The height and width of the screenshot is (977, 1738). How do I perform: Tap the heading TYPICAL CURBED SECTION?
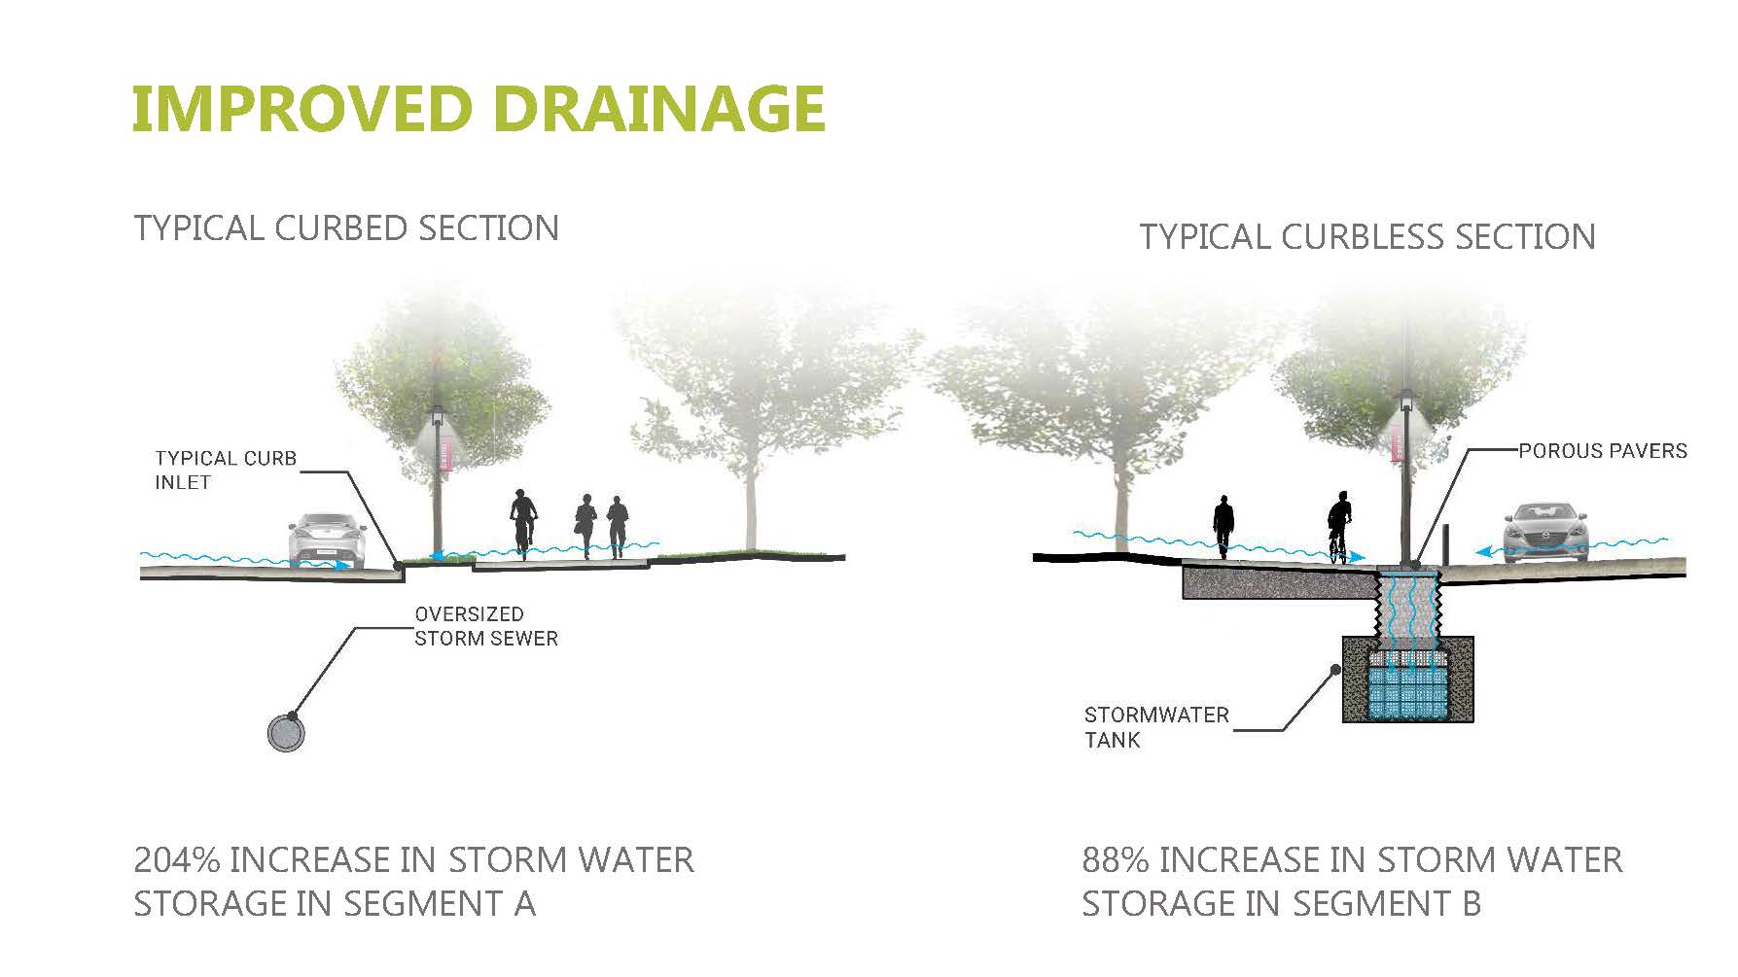tap(346, 228)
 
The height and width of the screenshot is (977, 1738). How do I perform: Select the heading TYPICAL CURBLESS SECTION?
tap(1366, 237)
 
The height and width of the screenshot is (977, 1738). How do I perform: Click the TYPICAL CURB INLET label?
tap(225, 471)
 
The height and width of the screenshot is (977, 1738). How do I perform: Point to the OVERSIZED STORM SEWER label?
tap(485, 627)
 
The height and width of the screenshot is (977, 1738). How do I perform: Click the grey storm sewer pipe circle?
tap(286, 731)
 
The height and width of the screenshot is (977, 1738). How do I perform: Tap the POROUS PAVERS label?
tap(1602, 451)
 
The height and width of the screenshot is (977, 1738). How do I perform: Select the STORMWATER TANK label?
tap(1156, 727)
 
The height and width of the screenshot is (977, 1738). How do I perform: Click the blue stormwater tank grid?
tap(1406, 692)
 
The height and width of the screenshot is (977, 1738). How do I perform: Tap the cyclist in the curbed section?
tap(523, 522)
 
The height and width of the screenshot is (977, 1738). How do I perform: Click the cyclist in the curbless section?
tap(1340, 525)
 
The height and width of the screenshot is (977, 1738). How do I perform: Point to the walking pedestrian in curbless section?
tap(1223, 527)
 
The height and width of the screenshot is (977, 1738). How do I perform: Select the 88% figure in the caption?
tap(1115, 860)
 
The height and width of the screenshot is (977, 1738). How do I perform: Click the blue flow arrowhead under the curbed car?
tap(342, 565)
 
